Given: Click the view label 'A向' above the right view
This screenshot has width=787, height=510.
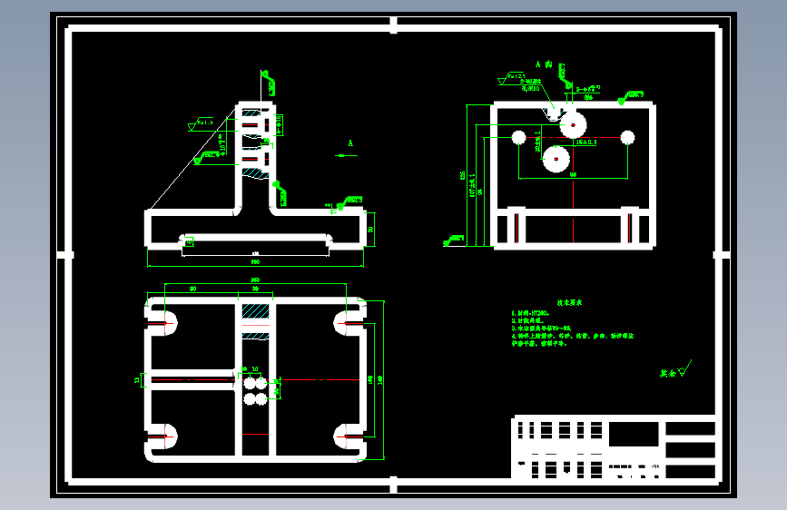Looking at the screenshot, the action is (x=544, y=64).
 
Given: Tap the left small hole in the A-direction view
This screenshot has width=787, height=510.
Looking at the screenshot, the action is (x=519, y=137).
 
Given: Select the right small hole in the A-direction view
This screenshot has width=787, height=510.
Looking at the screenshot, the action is (x=627, y=137).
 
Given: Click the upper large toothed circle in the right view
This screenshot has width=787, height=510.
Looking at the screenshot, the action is (x=574, y=124).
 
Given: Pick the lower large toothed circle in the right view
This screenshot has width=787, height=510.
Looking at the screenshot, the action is (x=556, y=160).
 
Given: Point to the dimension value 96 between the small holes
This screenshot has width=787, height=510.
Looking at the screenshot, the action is (x=573, y=175).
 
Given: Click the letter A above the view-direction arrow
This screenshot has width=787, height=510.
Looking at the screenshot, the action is (x=350, y=143).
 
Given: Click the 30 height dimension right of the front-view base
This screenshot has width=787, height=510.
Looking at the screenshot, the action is (x=370, y=229).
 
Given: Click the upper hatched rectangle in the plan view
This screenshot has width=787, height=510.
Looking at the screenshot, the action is (x=255, y=310).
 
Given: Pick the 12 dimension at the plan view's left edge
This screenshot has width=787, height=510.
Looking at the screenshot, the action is (x=138, y=379).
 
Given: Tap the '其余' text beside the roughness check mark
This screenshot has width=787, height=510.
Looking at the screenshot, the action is (x=668, y=372).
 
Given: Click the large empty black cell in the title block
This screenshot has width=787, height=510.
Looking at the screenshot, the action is (x=633, y=434).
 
